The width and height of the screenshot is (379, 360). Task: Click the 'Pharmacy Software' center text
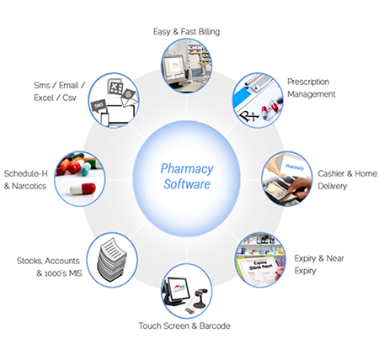(x=187, y=177)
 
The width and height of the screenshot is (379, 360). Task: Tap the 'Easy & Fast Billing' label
(x=186, y=32)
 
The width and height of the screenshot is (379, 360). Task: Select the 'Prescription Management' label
(x=312, y=88)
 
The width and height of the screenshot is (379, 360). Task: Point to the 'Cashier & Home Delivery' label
(x=347, y=180)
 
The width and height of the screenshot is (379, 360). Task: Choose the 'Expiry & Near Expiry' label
(x=319, y=264)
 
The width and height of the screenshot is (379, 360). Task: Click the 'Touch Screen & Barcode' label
(x=184, y=326)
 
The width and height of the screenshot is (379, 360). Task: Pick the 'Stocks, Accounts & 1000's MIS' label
(x=50, y=267)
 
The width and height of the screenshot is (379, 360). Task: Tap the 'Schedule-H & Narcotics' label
(x=25, y=180)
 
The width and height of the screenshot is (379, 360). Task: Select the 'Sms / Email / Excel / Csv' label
(x=59, y=92)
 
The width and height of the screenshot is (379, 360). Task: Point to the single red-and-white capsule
(x=83, y=188)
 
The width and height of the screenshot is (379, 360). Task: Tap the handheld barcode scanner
(x=200, y=298)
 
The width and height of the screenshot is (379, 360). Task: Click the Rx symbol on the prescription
(x=247, y=115)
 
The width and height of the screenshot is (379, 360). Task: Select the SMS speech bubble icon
(x=99, y=106)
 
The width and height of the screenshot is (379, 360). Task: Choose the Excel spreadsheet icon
(x=115, y=87)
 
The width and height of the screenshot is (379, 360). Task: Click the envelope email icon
(x=129, y=98)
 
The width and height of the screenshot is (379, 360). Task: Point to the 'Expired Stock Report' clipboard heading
(x=259, y=266)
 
